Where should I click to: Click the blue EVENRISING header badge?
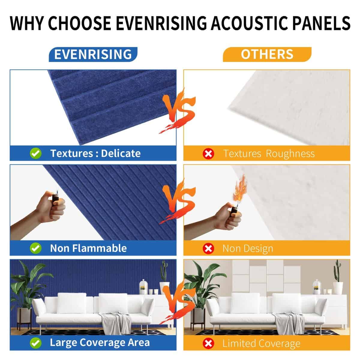[x=93, y=54]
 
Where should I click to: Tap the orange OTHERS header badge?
[x=267, y=54]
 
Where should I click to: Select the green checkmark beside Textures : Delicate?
[x=36, y=153]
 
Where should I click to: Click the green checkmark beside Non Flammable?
[x=36, y=248]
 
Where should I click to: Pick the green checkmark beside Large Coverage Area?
[x=36, y=343]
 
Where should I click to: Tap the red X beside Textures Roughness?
[x=208, y=154]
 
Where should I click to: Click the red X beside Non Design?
[x=208, y=249]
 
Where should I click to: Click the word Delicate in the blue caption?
[x=121, y=153]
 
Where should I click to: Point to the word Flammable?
[x=100, y=248]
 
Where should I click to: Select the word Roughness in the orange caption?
[x=290, y=154]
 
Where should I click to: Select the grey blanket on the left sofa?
[x=116, y=320]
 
